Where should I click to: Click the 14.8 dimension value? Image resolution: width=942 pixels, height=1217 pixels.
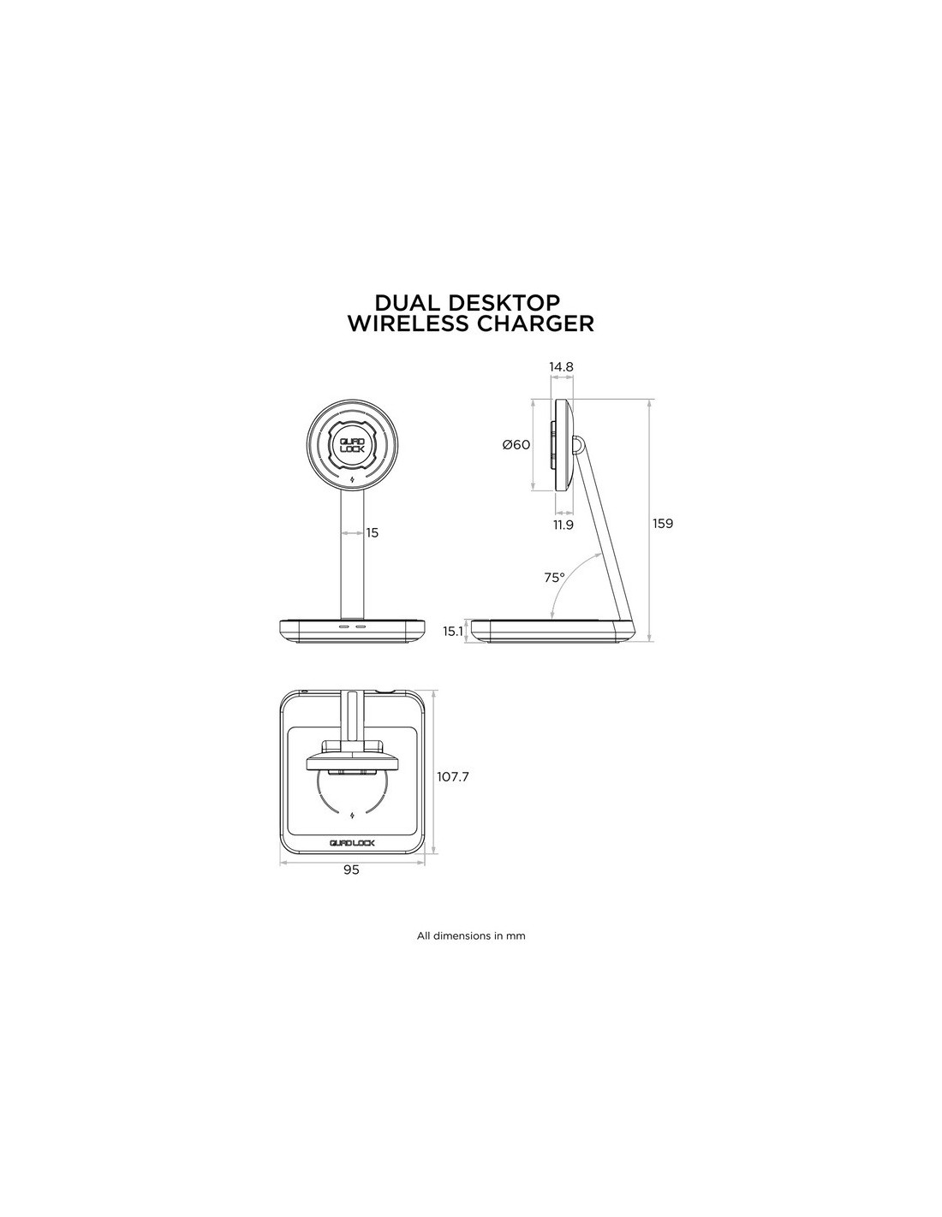(561, 367)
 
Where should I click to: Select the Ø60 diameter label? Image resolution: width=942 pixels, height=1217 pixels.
(516, 445)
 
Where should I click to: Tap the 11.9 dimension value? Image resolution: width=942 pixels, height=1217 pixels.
(563, 525)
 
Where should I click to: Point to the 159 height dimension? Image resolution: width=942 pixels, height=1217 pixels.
(662, 524)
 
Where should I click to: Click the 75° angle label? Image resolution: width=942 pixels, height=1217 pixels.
(554, 578)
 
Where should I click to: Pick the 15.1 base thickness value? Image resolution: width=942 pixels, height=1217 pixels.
(453, 632)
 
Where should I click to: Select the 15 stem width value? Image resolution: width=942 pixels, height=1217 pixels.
(373, 532)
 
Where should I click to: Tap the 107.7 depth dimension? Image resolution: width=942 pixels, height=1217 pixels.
(453, 777)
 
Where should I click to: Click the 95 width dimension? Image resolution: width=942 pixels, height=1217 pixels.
(351, 870)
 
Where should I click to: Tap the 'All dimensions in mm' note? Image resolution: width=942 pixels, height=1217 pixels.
(471, 935)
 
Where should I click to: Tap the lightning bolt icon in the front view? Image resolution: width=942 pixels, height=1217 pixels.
(351, 480)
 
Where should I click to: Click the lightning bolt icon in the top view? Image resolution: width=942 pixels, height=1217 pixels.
(352, 816)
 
